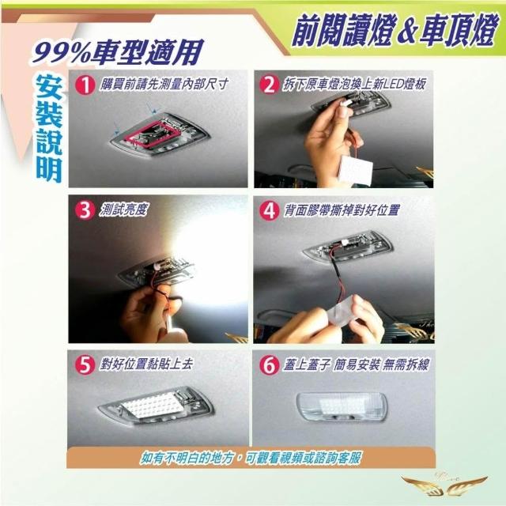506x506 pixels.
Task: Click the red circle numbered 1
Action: click(x=85, y=85)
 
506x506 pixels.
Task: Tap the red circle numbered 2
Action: click(x=270, y=85)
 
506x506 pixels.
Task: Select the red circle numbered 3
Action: click(x=85, y=210)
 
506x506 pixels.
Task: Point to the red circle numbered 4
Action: click(x=270, y=211)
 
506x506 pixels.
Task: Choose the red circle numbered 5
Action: click(x=85, y=365)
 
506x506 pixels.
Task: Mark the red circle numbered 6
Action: click(x=270, y=365)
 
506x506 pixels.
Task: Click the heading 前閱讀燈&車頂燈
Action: click(x=394, y=32)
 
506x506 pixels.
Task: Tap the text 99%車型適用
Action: click(x=118, y=51)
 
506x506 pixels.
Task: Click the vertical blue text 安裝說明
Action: click(x=49, y=129)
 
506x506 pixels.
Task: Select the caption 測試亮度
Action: click(x=123, y=210)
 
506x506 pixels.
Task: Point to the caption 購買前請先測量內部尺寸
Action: click(x=164, y=85)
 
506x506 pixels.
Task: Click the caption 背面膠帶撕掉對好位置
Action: click(x=342, y=210)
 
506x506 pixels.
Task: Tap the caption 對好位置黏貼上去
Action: click(x=146, y=364)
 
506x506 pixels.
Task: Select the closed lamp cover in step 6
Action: click(x=342, y=406)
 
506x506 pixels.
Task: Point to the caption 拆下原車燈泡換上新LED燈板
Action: click(x=354, y=85)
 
